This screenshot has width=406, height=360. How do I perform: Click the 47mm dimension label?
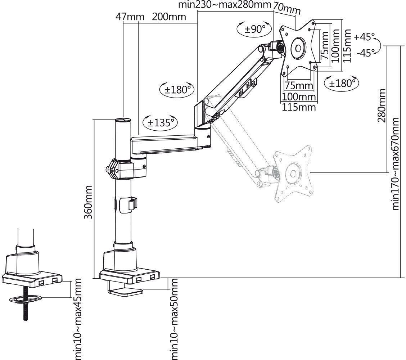(x=130, y=17)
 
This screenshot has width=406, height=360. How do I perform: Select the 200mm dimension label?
(x=169, y=17)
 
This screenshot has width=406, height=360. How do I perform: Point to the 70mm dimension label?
(x=287, y=9)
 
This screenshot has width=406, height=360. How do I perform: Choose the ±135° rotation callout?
(x=160, y=122)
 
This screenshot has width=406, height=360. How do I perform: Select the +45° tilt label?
(x=364, y=37)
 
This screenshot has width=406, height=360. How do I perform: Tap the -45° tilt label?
(x=366, y=53)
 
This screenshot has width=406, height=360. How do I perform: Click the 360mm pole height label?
(x=88, y=202)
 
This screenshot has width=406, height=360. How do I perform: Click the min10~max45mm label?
(x=77, y=319)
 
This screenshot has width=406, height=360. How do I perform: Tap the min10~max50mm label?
(x=173, y=319)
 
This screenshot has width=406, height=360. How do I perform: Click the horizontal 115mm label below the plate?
(x=299, y=107)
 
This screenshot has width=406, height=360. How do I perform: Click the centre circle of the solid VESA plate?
(x=298, y=48)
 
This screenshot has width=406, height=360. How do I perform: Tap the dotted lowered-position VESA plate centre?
(x=293, y=173)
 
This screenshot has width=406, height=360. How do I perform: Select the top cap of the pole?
(x=123, y=121)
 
